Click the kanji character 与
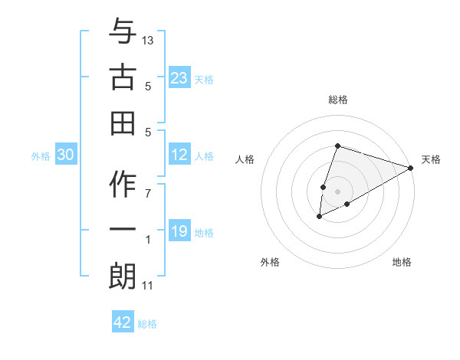click(x=123, y=32)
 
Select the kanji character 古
click(x=123, y=77)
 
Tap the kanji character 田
click(x=123, y=123)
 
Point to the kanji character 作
click(x=123, y=185)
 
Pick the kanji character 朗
click(x=123, y=276)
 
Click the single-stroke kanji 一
click(x=123, y=231)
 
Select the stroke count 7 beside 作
click(x=148, y=194)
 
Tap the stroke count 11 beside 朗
click(x=148, y=286)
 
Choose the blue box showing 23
click(x=179, y=77)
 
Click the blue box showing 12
click(x=179, y=155)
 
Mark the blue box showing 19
click(x=179, y=231)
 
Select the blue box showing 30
click(x=65, y=155)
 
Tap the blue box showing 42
click(x=123, y=322)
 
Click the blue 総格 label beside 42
click(x=147, y=324)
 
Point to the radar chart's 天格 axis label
click(x=431, y=159)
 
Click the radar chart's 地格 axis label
click(x=402, y=262)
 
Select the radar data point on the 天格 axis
click(x=411, y=168)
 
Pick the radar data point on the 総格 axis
click(x=337, y=146)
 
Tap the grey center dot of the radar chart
click(x=337, y=191)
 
